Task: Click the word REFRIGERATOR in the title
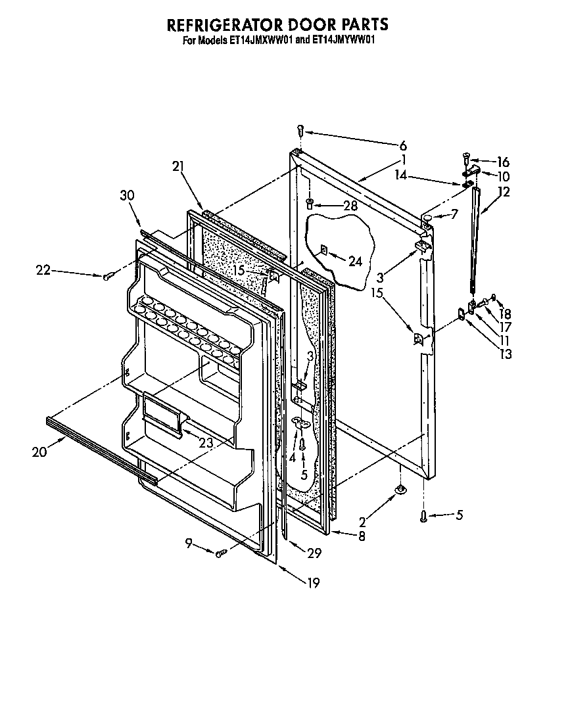224,25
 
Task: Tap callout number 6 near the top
403,146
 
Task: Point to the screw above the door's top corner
300,130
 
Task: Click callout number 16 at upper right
503,162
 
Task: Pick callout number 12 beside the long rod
504,192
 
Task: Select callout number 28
351,206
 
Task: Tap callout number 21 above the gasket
177,167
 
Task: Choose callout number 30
127,195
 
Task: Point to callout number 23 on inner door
206,443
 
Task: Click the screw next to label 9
221,553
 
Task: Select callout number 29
314,553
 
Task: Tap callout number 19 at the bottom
313,582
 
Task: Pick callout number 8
361,536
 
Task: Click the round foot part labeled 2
399,489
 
